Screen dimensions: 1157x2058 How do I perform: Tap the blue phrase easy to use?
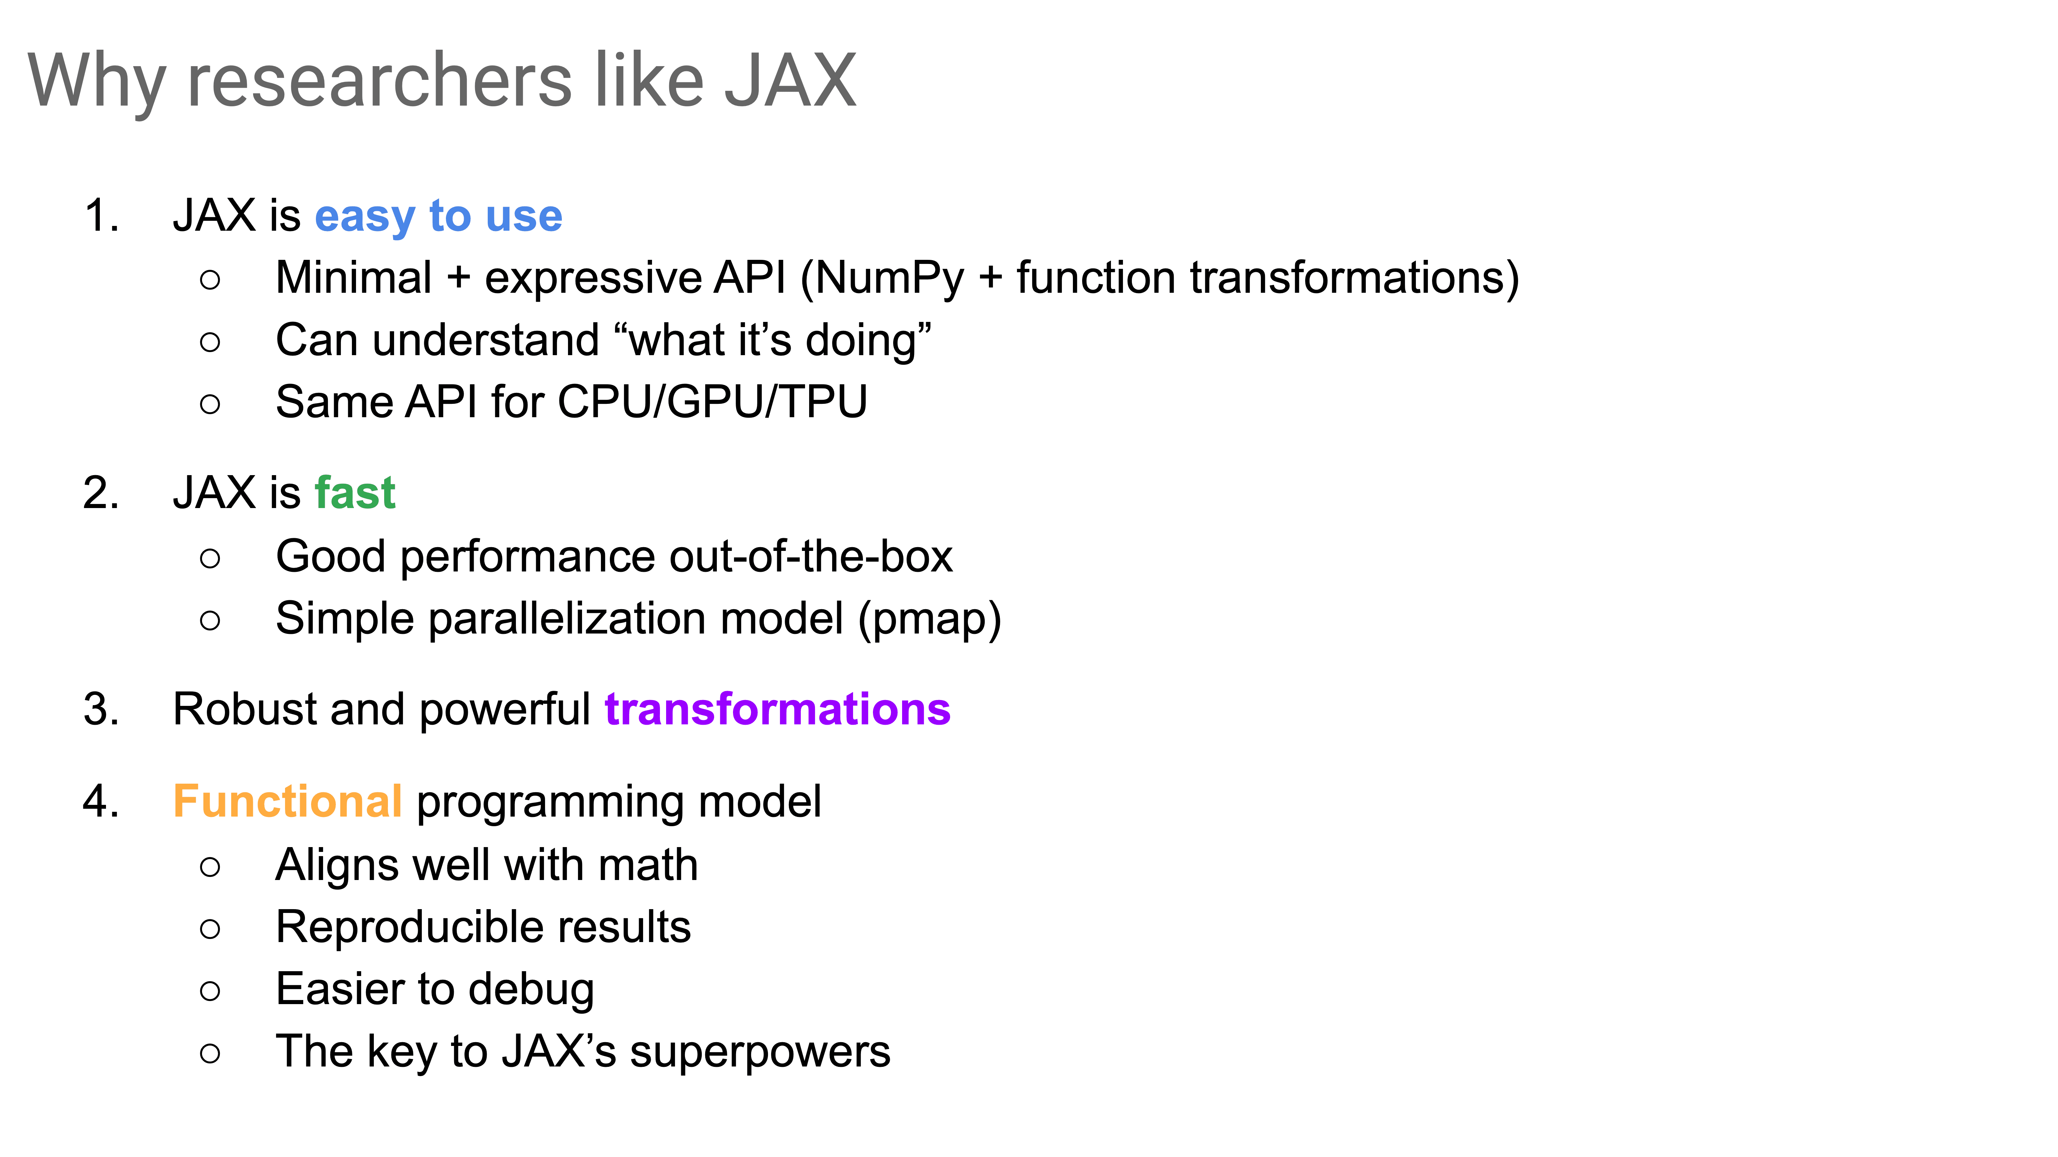tap(439, 216)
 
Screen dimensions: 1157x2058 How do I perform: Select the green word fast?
tap(355, 493)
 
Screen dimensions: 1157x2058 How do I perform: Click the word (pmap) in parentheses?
tap(929, 619)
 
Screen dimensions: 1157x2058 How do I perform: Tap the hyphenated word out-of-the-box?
tap(811, 556)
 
